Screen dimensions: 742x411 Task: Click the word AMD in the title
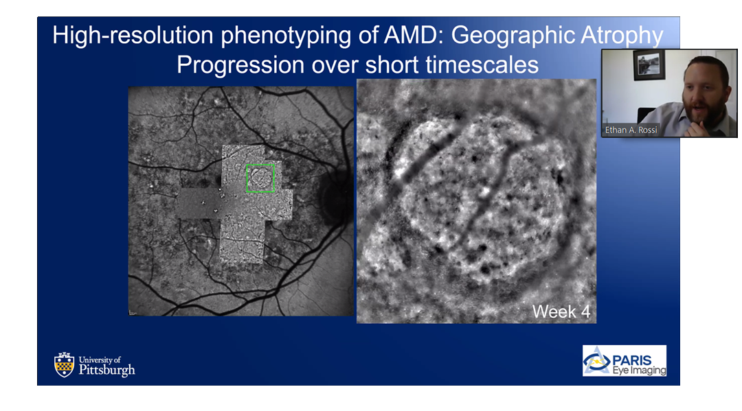tap(413, 36)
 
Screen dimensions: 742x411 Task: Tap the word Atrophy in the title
tap(622, 36)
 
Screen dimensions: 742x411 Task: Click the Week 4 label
tap(561, 312)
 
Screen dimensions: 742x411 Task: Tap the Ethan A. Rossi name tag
tap(631, 130)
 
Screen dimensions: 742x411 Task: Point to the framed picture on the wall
tap(649, 64)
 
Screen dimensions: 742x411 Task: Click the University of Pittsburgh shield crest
tap(65, 365)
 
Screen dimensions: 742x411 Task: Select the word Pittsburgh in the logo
tap(106, 370)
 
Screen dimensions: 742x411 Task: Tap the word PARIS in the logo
tap(632, 360)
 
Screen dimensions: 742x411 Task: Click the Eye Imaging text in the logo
tap(639, 371)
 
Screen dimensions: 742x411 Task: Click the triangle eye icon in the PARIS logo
tap(596, 361)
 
